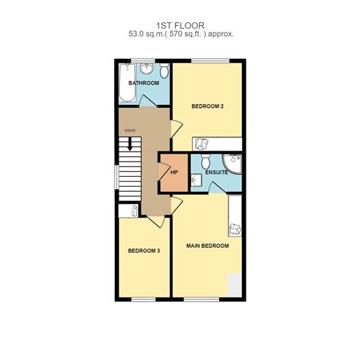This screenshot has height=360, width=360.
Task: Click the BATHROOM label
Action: [143, 83]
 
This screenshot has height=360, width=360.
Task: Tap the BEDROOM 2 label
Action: [208, 106]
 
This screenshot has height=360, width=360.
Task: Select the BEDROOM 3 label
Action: [143, 251]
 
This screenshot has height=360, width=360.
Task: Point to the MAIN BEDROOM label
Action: [208, 246]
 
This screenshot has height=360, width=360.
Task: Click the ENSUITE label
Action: [216, 172]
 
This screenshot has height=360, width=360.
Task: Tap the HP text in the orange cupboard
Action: [174, 172]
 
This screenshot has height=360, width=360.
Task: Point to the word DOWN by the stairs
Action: [130, 130]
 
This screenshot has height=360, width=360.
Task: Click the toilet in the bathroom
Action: [165, 70]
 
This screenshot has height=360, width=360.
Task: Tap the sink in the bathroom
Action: [147, 69]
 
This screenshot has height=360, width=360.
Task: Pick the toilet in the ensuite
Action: [206, 159]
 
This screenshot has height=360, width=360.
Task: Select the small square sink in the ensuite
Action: [197, 180]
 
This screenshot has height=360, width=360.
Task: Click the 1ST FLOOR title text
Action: [180, 23]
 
